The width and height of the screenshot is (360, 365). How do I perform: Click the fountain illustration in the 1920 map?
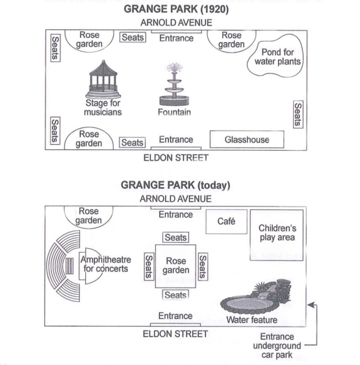tap(174, 84)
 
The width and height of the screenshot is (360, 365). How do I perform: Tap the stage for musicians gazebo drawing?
tap(103, 79)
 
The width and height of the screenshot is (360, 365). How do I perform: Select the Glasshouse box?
tap(247, 139)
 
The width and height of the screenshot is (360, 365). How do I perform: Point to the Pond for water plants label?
tap(277, 57)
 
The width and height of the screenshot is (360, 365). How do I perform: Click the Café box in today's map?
tap(226, 221)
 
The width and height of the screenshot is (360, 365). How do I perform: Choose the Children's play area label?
tap(277, 233)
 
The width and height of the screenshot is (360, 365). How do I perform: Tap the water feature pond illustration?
tap(256, 297)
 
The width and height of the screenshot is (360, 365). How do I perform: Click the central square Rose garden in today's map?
tap(175, 266)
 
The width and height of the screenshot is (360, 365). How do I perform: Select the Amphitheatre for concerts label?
tap(106, 264)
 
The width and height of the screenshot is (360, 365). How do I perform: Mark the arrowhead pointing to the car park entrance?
tap(311, 305)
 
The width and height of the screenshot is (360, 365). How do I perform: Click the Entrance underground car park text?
tap(277, 346)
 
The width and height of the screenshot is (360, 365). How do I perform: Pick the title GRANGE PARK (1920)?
tap(176, 9)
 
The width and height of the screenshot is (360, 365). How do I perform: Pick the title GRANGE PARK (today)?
tap(175, 185)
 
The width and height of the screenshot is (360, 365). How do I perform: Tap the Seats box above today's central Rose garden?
tap(175, 238)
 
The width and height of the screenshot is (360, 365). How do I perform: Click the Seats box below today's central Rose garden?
tap(175, 295)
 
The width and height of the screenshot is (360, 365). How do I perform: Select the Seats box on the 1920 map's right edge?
tap(298, 114)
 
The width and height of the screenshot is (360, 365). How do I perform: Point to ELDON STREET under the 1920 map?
tap(176, 158)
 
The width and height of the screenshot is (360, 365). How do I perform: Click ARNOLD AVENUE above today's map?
tap(175, 199)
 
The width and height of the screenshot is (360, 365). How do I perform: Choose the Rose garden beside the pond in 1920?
tap(231, 40)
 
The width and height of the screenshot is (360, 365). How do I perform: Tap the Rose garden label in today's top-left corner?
tap(88, 216)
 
